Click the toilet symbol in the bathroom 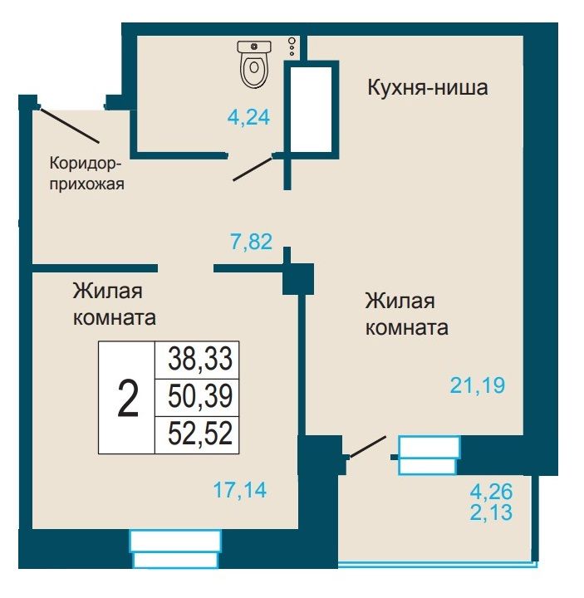pyautogui.click(x=254, y=64)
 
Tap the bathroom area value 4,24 pyautogui.click(x=248, y=117)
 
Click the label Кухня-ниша pyautogui.click(x=428, y=87)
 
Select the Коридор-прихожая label pyautogui.click(x=86, y=174)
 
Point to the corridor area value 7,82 pyautogui.click(x=252, y=242)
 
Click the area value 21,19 pyautogui.click(x=478, y=385)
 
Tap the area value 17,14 pyautogui.click(x=240, y=490)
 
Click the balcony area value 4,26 pyautogui.click(x=491, y=492)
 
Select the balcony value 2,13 pyautogui.click(x=491, y=512)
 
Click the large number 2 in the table pyautogui.click(x=128, y=399)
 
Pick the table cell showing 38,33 pyautogui.click(x=197, y=360)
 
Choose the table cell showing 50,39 pyautogui.click(x=197, y=397)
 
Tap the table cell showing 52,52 pyautogui.click(x=197, y=434)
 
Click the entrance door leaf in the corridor pyautogui.click(x=69, y=125)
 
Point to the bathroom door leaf pyautogui.click(x=253, y=169)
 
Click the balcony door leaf pyautogui.click(x=368, y=447)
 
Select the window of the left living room pyautogui.click(x=175, y=548)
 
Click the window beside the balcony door pyautogui.click(x=429, y=455)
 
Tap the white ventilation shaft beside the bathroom pyautogui.click(x=310, y=110)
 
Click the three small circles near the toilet pyautogui.click(x=292, y=47)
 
